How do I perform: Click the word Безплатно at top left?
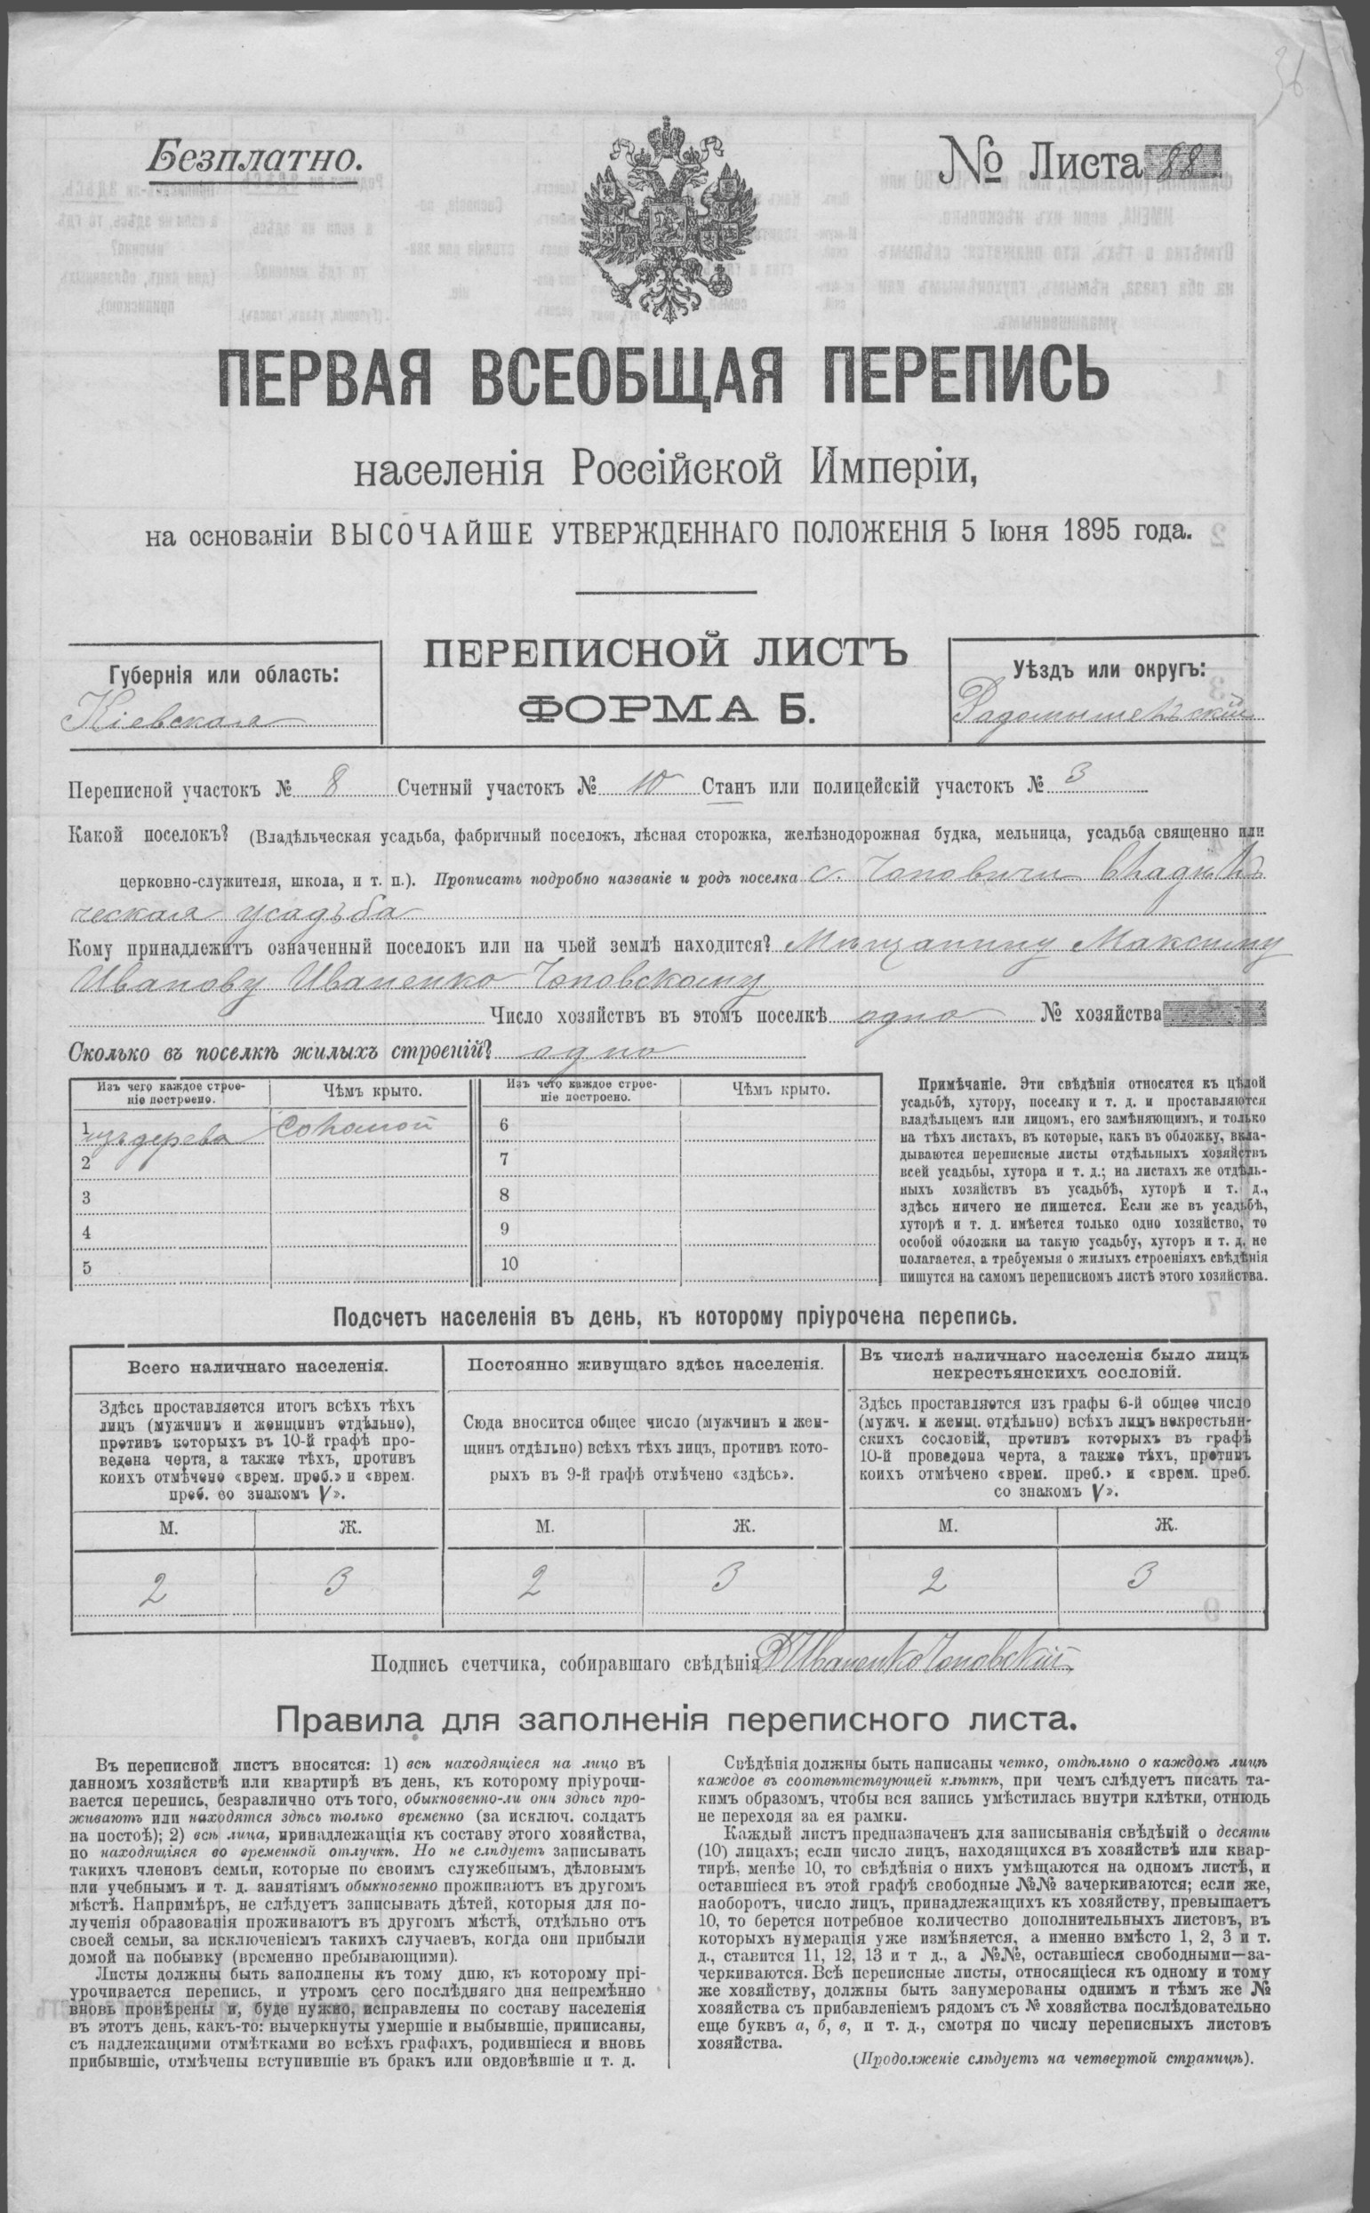point(252,157)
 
